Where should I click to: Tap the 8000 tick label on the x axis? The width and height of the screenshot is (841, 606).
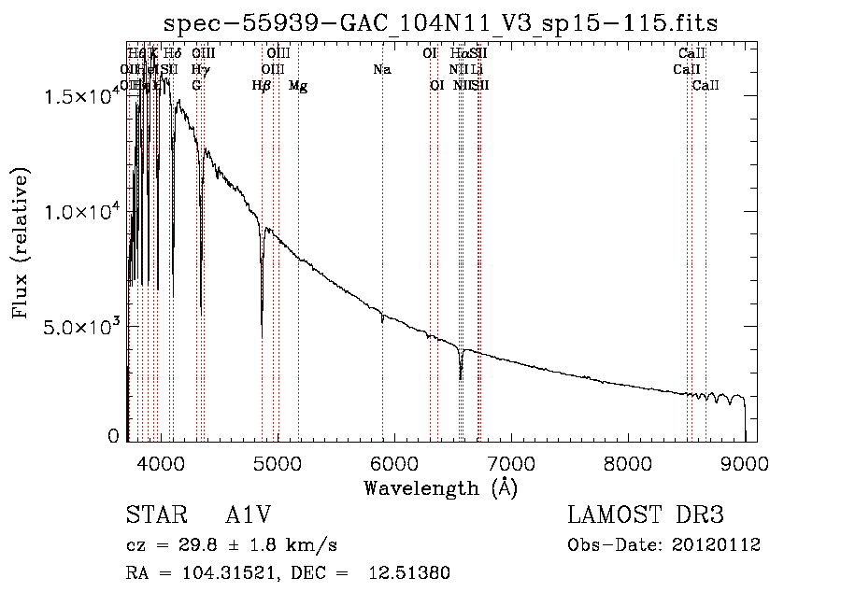628,462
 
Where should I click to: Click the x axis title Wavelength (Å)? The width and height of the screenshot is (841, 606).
440,487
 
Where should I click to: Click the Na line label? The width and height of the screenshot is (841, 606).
381,70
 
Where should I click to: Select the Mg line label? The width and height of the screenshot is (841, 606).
298,86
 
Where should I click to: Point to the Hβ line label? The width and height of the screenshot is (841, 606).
262,86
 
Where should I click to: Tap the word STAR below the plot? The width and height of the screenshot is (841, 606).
154,515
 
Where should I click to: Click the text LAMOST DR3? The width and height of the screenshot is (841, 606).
645,515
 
